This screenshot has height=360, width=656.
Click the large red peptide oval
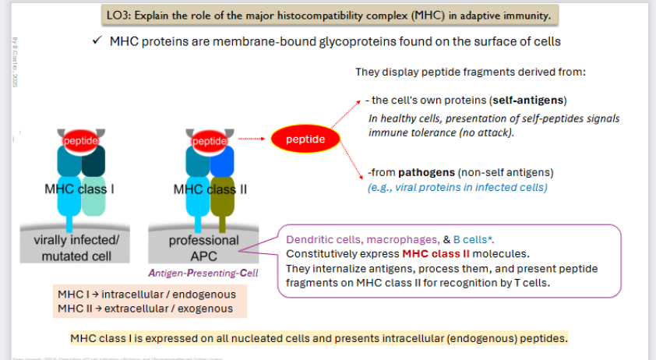coord(300,140)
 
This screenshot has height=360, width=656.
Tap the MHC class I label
coord(80,189)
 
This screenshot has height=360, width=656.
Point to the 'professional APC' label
coord(204,248)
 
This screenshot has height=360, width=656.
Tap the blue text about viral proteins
coord(457,187)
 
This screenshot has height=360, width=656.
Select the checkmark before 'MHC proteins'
coord(96,41)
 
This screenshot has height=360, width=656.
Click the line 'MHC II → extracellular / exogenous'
coord(145,308)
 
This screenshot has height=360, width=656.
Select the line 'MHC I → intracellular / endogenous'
coord(145,295)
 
